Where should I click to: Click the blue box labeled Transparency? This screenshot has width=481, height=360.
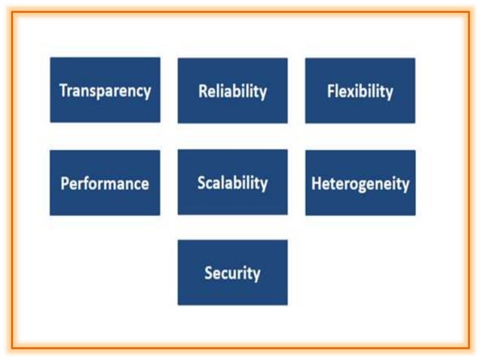(x=105, y=90)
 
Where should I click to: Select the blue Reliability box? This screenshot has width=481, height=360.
(x=232, y=90)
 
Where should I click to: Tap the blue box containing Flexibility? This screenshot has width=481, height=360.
(x=360, y=90)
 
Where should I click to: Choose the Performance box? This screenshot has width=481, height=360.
(x=105, y=183)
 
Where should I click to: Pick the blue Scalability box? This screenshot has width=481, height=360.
(x=232, y=182)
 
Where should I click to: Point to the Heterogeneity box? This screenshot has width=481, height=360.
(x=360, y=183)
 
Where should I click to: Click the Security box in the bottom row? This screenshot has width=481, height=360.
(x=232, y=273)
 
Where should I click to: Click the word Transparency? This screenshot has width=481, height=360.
(x=105, y=91)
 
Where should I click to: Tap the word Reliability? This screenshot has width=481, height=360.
(x=232, y=92)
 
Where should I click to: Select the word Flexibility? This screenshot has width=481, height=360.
(x=360, y=92)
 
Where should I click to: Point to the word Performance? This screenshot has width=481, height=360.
(x=105, y=184)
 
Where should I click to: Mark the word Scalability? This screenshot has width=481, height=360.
(x=232, y=183)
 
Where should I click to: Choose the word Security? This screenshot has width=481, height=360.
(x=232, y=273)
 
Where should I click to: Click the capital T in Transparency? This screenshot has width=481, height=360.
(x=63, y=90)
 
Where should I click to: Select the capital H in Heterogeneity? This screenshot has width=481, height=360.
(x=315, y=184)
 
